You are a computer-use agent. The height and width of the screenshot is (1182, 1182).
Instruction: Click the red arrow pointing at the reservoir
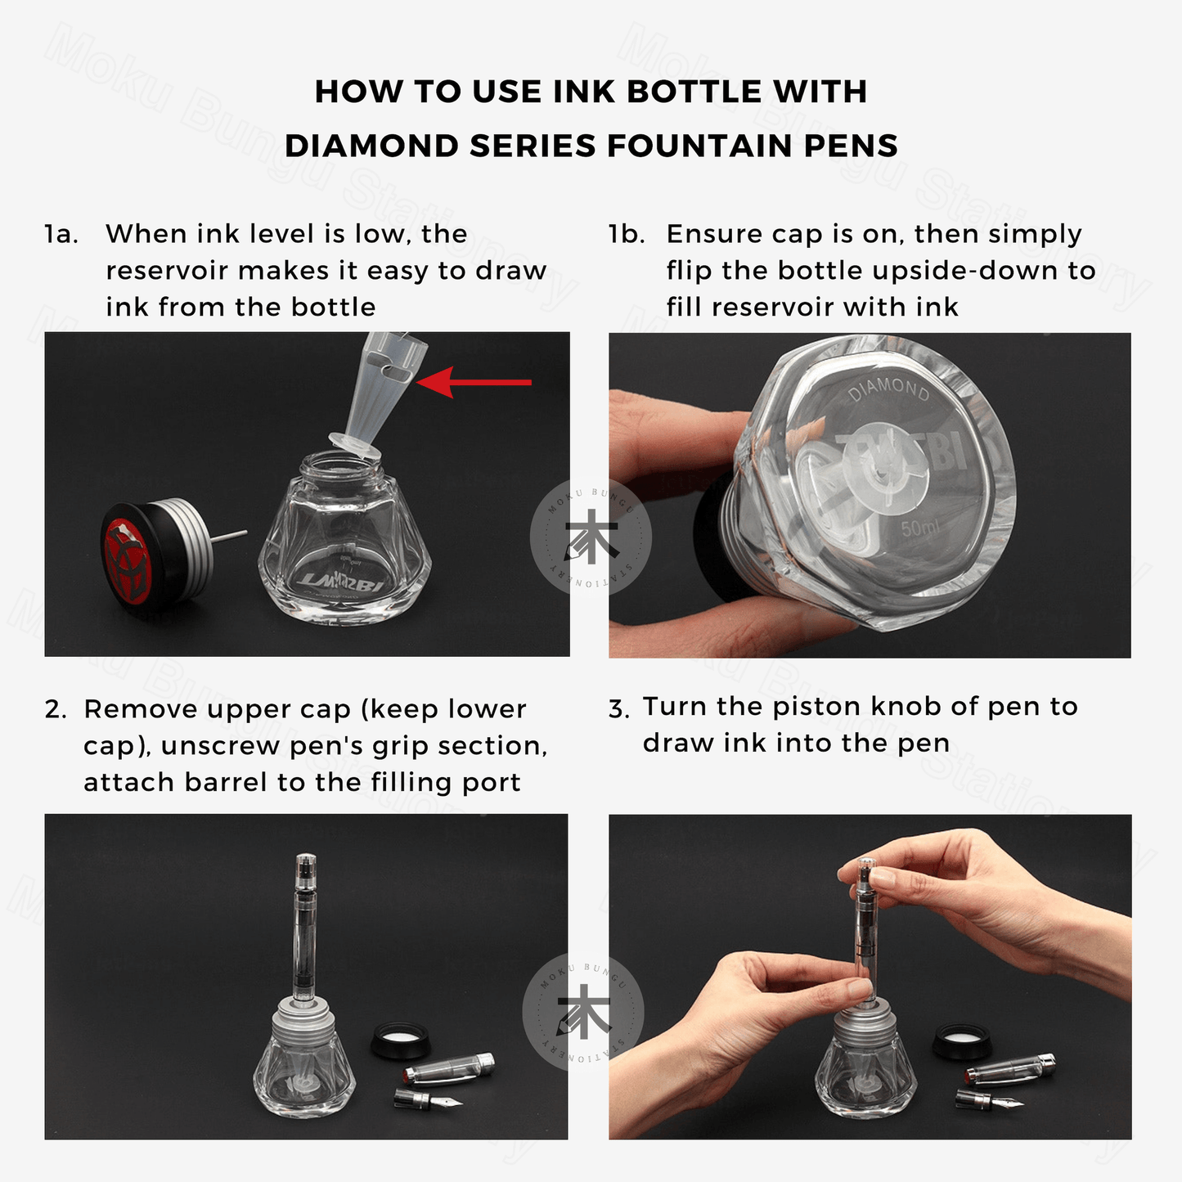[x=474, y=382]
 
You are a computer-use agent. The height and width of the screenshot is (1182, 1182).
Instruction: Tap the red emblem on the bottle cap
[x=127, y=562]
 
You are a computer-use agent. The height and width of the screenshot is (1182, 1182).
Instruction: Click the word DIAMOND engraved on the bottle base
[x=889, y=389]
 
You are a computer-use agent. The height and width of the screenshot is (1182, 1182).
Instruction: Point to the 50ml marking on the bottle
[x=920, y=526]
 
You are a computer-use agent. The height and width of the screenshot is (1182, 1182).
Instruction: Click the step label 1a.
[x=61, y=234]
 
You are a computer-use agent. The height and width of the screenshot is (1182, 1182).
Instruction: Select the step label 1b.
[x=627, y=234]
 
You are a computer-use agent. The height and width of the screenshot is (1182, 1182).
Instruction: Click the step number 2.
[x=55, y=710]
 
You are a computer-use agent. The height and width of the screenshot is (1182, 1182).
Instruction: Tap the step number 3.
[x=619, y=708]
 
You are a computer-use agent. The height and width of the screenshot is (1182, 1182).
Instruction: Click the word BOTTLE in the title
[x=694, y=92]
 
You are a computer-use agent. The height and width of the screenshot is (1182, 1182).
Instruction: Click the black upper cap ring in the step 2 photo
[x=402, y=1039]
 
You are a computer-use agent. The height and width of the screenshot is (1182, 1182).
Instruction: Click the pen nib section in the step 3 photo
[x=989, y=1100]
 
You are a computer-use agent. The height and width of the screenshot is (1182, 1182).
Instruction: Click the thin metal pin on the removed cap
[x=230, y=536]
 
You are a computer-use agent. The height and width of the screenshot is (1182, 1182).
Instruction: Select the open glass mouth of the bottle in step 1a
[x=339, y=466]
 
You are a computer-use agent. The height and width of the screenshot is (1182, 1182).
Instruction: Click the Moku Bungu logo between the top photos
[x=591, y=537]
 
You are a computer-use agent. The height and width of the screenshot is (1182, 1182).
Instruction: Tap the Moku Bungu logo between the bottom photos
[x=582, y=1013]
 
